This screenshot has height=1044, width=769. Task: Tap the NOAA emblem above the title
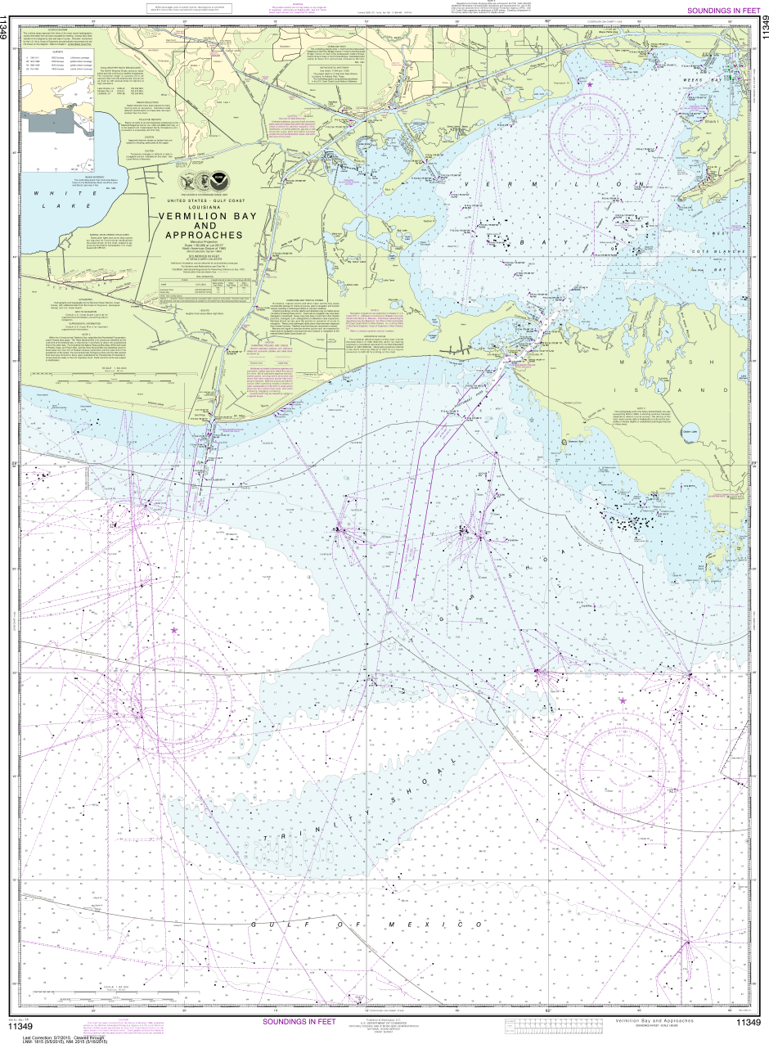[x=216, y=182]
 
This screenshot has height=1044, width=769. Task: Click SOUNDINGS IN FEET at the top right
[x=717, y=11]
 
